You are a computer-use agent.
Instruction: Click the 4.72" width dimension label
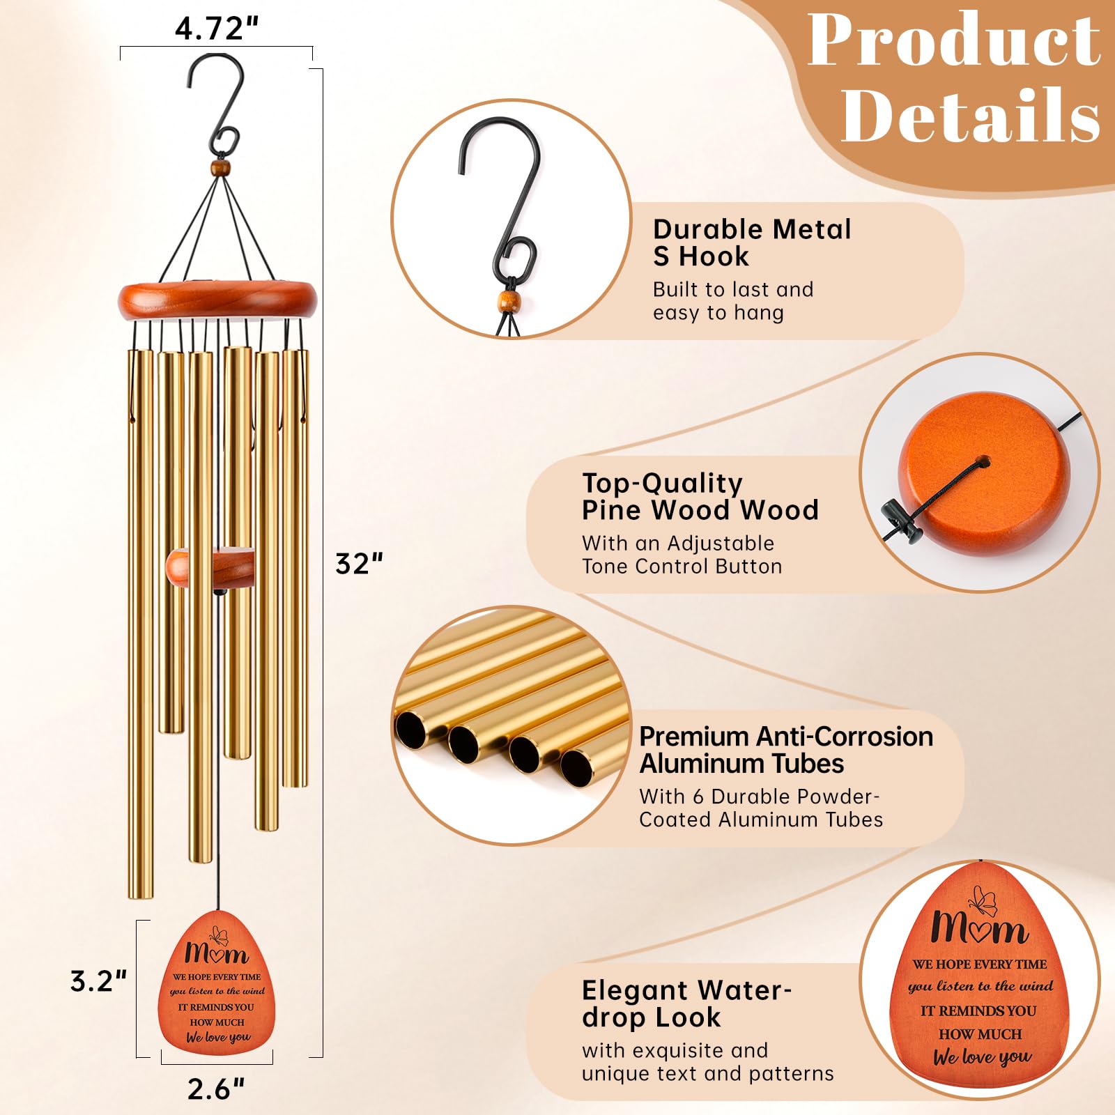pyautogui.click(x=217, y=28)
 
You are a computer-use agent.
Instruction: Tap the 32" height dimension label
pyautogui.click(x=360, y=564)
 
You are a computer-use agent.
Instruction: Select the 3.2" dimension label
pyautogui.click(x=98, y=981)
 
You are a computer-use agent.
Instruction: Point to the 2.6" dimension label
pyautogui.click(x=216, y=1089)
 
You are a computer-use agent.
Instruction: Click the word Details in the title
pyautogui.click(x=971, y=114)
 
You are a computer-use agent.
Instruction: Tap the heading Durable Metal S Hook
pyautogui.click(x=752, y=243)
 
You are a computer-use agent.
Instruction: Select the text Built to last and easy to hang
pyautogui.click(x=733, y=301)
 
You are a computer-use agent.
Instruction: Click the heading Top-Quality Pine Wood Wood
pyautogui.click(x=700, y=496)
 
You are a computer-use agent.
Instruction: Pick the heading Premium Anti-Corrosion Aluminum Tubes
pyautogui.click(x=786, y=750)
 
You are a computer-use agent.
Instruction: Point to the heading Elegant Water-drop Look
pyautogui.click(x=686, y=1003)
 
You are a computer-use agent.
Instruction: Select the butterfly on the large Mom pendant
pyautogui.click(x=982, y=900)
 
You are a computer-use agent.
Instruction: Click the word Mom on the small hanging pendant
pyautogui.click(x=217, y=953)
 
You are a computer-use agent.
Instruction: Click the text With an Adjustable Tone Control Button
pyautogui.click(x=682, y=555)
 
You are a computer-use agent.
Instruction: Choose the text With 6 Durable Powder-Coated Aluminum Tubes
pyautogui.click(x=761, y=808)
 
